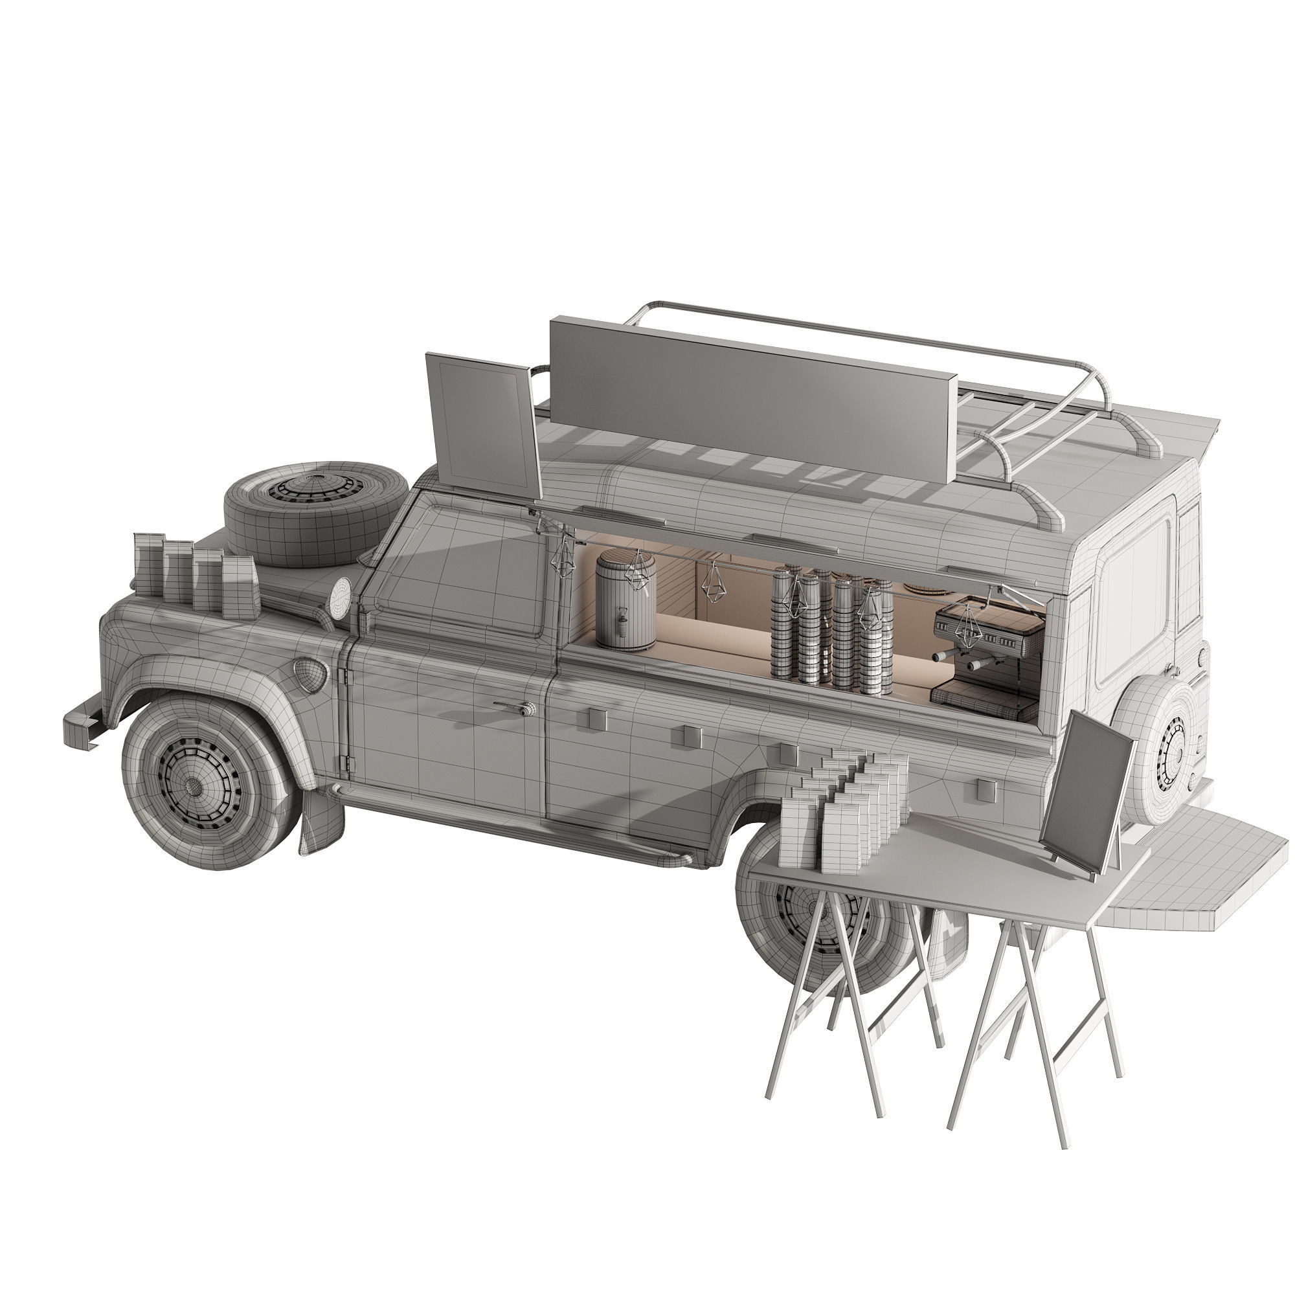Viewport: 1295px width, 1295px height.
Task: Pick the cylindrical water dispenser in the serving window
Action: [x=625, y=600]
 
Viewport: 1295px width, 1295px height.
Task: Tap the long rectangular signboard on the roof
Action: [x=750, y=399]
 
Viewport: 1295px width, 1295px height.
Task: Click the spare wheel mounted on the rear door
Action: [x=1163, y=750]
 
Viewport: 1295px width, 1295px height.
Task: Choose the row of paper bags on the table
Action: [x=844, y=807]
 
